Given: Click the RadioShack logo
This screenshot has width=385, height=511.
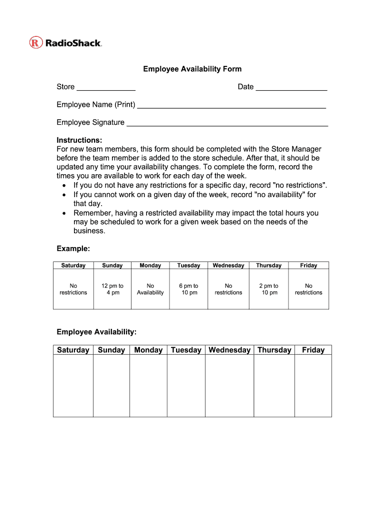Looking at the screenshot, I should [x=65, y=43].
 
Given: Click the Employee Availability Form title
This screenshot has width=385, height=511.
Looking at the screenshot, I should [x=192, y=69].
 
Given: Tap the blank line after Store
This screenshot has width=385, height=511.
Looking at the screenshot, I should [x=106, y=88].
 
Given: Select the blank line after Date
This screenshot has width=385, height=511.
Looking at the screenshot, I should [x=291, y=88].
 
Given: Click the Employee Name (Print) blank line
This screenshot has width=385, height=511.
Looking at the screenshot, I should [x=231, y=106].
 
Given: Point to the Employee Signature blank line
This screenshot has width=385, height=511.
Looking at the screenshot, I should [x=227, y=124].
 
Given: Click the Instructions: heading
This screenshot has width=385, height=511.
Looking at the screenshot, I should [x=79, y=140].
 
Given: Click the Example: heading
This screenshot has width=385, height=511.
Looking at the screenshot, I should [x=73, y=249].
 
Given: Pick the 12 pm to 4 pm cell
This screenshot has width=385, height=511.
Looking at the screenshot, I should [x=112, y=289].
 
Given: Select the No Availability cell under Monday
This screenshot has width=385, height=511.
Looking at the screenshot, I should [x=150, y=289].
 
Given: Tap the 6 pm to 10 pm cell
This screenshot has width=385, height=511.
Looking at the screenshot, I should [x=188, y=289].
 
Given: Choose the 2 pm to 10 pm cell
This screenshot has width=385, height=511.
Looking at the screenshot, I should [x=269, y=289].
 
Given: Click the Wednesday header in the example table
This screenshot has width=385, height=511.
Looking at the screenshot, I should [x=228, y=265].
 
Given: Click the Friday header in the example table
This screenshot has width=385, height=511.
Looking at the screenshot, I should [x=308, y=265].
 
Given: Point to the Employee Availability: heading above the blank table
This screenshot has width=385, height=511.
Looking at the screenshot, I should [x=96, y=332].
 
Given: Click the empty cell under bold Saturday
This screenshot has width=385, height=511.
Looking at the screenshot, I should [x=73, y=385].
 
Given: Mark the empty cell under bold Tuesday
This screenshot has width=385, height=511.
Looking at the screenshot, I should [x=186, y=385].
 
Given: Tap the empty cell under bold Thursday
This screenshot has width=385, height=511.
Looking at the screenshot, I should [x=274, y=385].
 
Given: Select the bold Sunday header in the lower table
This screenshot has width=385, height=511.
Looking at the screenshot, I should [x=111, y=350].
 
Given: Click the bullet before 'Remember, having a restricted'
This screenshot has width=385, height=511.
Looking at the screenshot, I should [x=63, y=213].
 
